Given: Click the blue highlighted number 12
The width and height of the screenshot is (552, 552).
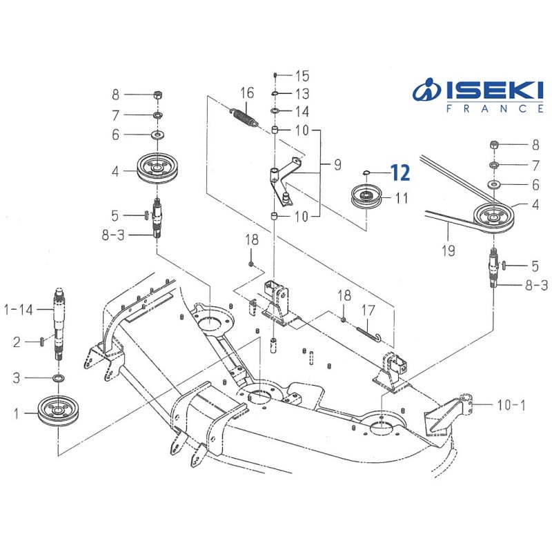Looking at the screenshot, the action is [400, 173].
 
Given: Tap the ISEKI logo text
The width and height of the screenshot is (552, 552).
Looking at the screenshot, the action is [495, 91].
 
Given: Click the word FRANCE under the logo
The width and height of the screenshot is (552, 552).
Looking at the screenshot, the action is [495, 108].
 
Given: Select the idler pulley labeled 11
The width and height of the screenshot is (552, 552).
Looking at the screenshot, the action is [366, 197].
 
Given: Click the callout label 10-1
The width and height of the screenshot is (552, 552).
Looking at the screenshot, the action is [511, 405].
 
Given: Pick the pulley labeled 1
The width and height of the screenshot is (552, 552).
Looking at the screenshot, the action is [59, 411].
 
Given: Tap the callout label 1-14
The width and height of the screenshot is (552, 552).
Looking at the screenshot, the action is [19, 310].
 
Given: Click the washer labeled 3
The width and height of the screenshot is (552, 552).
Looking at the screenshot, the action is [59, 378].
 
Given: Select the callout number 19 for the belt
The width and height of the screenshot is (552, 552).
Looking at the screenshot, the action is [448, 250].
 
